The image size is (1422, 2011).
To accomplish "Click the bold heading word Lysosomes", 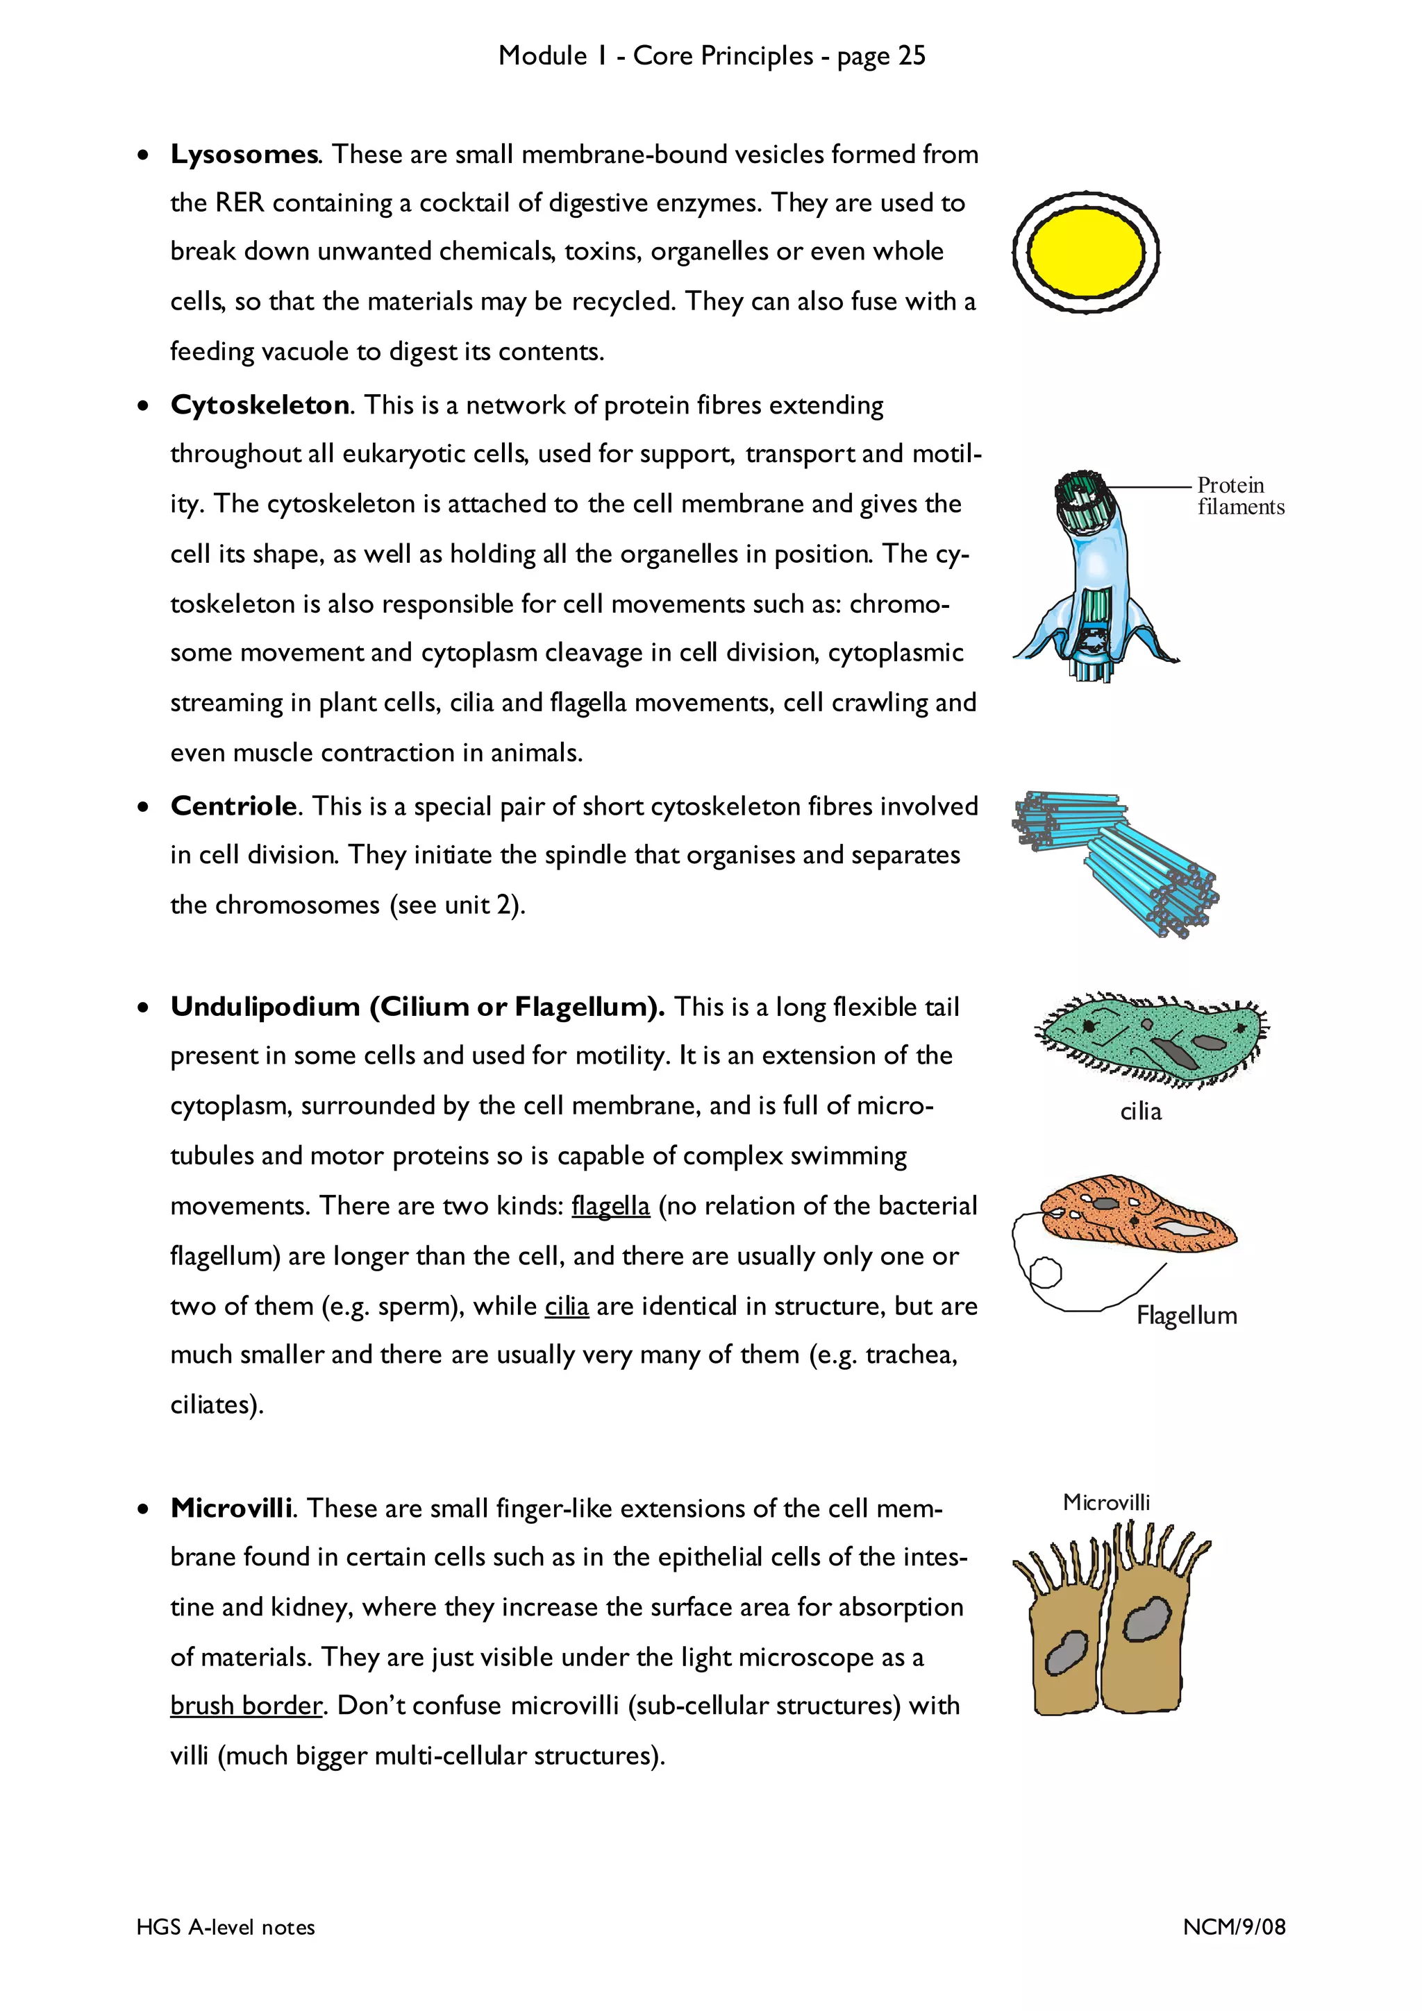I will coord(244,154).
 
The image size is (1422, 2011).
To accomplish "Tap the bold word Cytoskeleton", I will coord(260,405).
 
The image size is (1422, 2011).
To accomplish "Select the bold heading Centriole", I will coord(234,806).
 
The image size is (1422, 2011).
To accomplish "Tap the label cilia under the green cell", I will coord(1140,1112).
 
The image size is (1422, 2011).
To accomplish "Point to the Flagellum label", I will coord(1187,1315).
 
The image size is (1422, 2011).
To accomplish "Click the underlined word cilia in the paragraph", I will coord(566,1306).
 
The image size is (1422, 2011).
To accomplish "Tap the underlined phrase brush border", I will coord(246,1705).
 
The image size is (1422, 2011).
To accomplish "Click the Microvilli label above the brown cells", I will coord(1105,1502).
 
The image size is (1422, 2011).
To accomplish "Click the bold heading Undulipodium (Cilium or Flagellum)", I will coord(417,1006).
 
